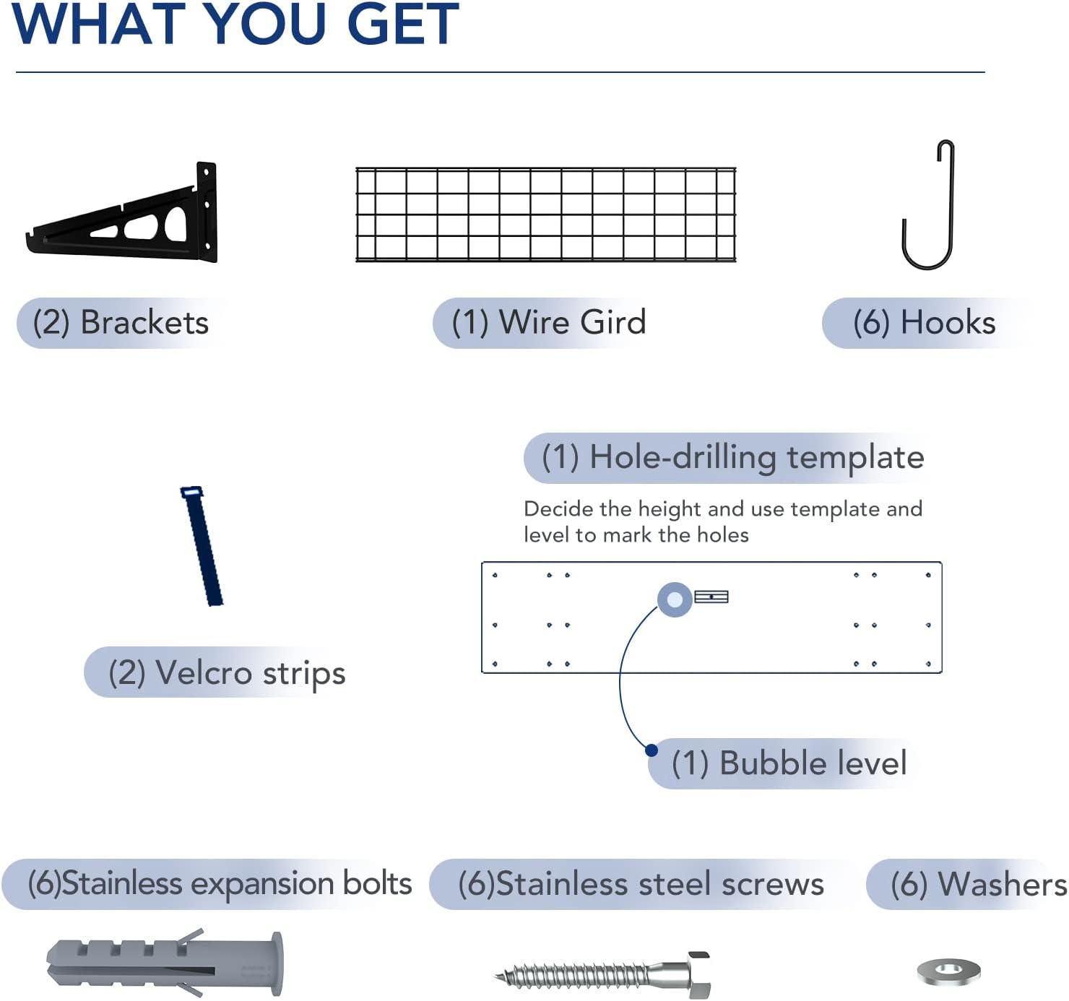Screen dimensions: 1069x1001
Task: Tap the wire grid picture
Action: pyautogui.click(x=545, y=214)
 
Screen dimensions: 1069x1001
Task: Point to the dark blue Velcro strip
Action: pyautogui.click(x=202, y=546)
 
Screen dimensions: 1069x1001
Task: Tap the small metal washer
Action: pyautogui.click(x=949, y=971)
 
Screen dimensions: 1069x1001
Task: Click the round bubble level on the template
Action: pyautogui.click(x=675, y=599)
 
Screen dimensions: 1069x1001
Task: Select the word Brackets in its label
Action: pyautogui.click(x=144, y=323)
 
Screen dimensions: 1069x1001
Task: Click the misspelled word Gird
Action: pyautogui.click(x=613, y=322)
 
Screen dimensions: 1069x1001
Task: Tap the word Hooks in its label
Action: pyautogui.click(x=948, y=323)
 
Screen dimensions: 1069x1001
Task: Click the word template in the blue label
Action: pyautogui.click(x=856, y=457)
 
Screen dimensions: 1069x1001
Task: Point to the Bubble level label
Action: pyautogui.click(x=789, y=763)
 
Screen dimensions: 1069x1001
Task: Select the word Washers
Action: pyautogui.click(x=1003, y=884)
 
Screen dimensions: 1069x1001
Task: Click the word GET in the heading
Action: pyautogui.click(x=402, y=24)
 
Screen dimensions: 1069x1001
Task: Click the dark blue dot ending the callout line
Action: pyautogui.click(x=652, y=750)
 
